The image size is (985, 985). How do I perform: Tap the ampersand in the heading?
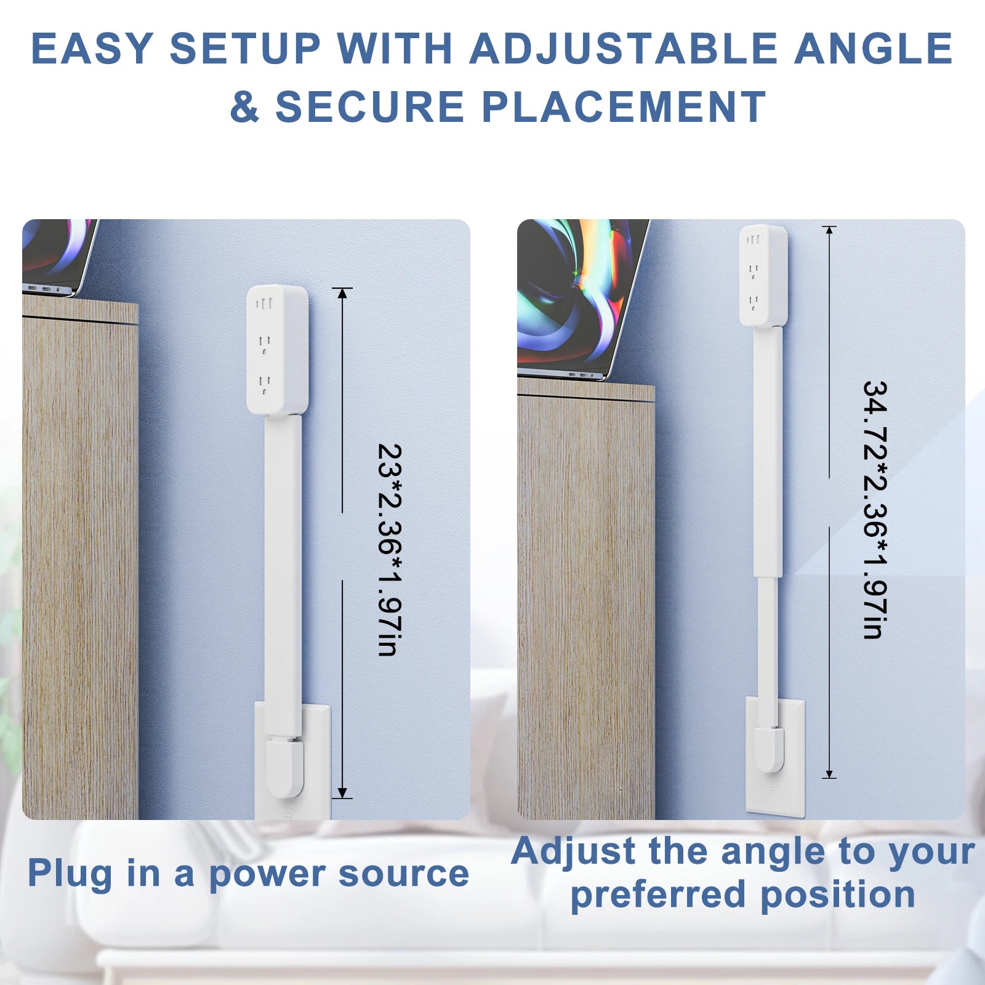point(244,107)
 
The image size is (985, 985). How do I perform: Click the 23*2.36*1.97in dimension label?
point(388,550)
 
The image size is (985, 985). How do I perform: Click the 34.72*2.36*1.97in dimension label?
point(875,510)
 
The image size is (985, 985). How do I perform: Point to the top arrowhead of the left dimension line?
point(343,293)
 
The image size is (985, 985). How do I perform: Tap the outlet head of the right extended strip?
point(763,275)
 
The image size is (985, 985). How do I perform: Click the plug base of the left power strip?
point(284,766)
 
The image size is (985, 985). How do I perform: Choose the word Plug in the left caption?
point(69,874)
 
